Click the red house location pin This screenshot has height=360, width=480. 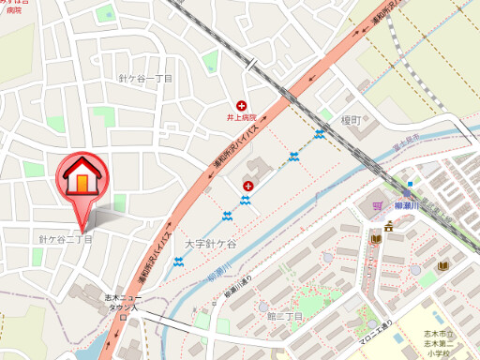tap(81, 178)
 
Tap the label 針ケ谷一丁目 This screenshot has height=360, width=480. tap(146, 78)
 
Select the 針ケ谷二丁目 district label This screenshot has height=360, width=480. tap(66, 240)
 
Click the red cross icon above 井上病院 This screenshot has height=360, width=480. tap(242, 105)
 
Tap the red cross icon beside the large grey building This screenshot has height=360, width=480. tap(248, 187)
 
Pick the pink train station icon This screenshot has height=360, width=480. tap(377, 203)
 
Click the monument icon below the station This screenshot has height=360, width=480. tap(388, 225)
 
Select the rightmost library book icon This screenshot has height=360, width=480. tap(441, 267)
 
